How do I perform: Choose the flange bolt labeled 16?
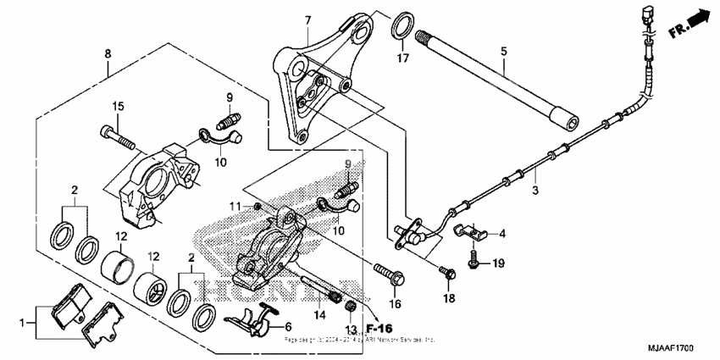[391, 274]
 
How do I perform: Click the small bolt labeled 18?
[446, 271]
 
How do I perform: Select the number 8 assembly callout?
[108, 53]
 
